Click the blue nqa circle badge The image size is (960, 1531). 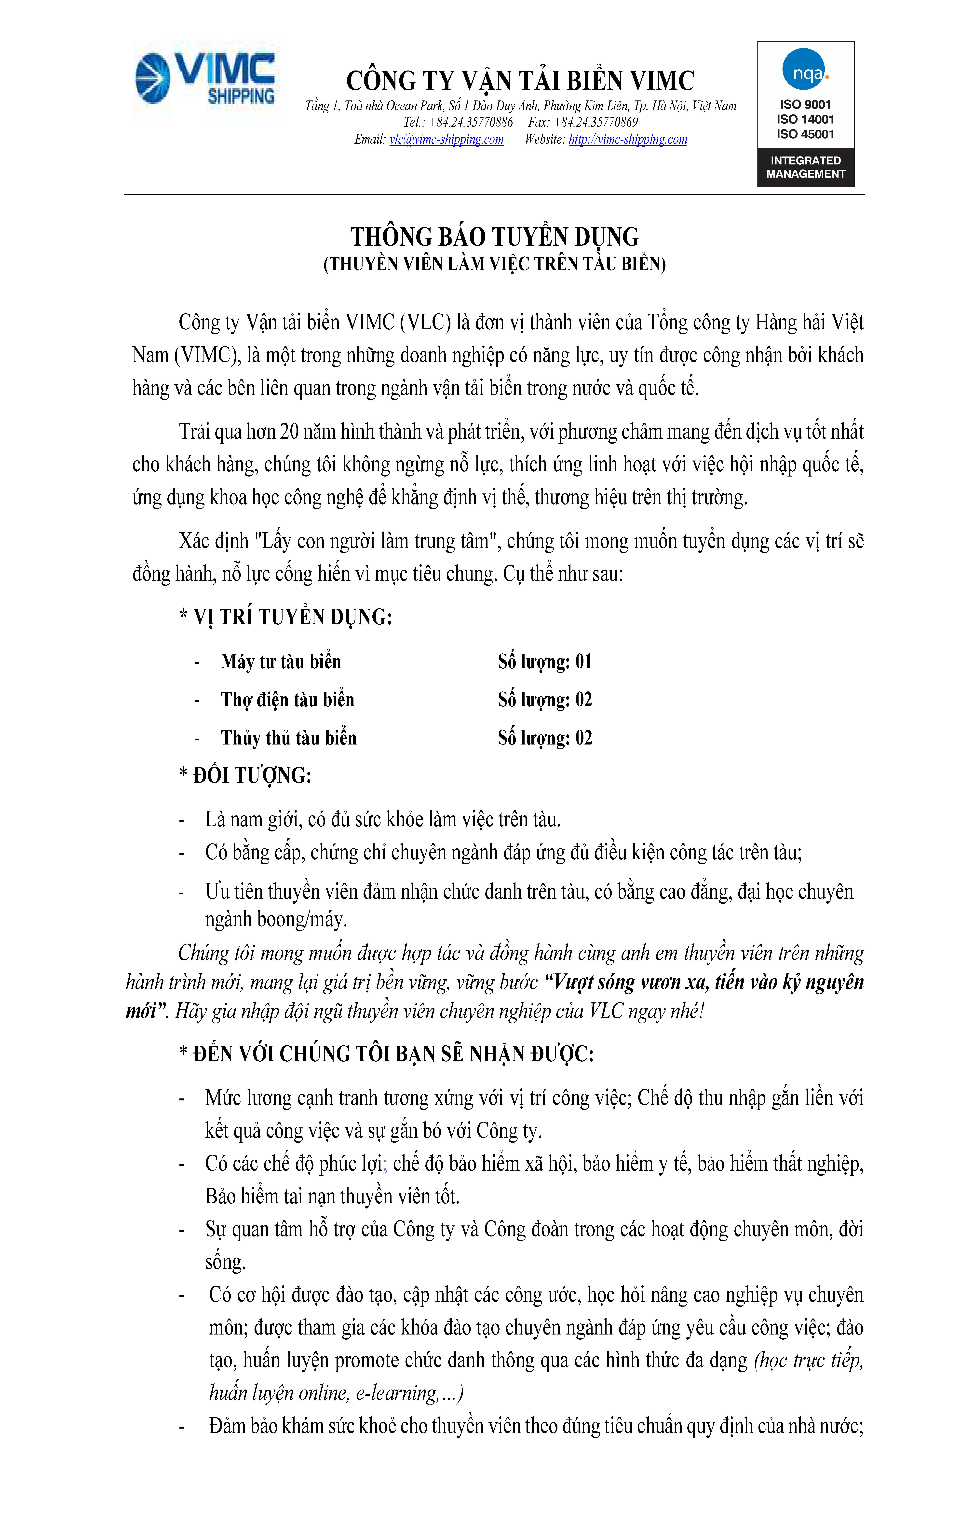point(804,70)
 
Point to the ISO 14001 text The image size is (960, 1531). point(805,119)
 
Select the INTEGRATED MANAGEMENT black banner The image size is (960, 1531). point(805,167)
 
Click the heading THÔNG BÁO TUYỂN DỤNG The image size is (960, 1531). point(495,237)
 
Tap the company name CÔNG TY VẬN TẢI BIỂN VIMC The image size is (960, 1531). point(520,81)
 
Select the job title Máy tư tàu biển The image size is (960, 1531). point(281,662)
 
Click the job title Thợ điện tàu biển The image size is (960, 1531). point(287,700)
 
